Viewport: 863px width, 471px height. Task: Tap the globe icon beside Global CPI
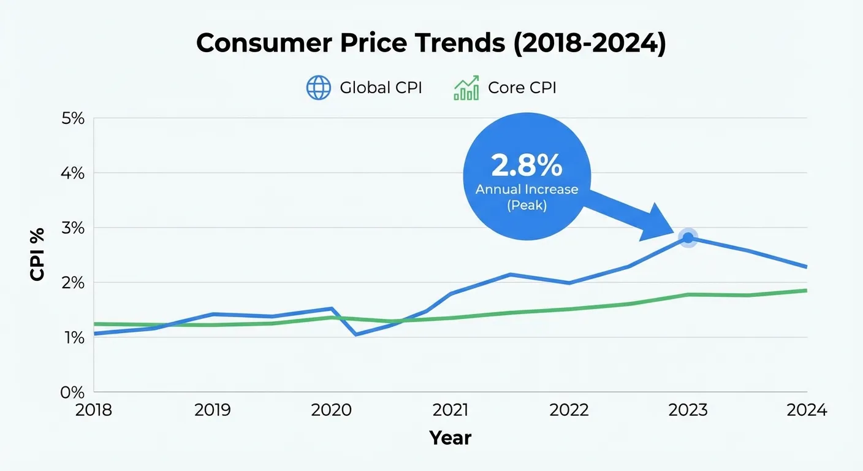[x=318, y=88]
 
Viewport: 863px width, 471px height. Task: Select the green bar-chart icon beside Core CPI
[x=466, y=88]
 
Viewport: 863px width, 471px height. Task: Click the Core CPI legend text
[x=522, y=88]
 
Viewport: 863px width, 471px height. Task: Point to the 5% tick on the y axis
[x=72, y=118]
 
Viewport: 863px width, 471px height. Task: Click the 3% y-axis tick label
[x=72, y=228]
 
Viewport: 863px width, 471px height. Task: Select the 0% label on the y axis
[x=72, y=392]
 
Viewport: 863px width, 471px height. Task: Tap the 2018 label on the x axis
[x=94, y=410]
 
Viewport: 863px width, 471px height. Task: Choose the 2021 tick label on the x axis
[x=450, y=410]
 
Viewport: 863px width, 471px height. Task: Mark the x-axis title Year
[x=450, y=438]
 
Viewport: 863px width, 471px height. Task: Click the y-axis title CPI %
[x=38, y=255]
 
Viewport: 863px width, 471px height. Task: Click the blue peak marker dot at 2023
[x=688, y=238]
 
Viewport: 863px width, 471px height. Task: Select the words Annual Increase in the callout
[x=527, y=190]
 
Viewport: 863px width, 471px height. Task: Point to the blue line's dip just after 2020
[x=355, y=334]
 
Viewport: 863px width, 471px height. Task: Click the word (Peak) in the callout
[x=527, y=205]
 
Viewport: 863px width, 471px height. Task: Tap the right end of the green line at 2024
[x=805, y=290]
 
